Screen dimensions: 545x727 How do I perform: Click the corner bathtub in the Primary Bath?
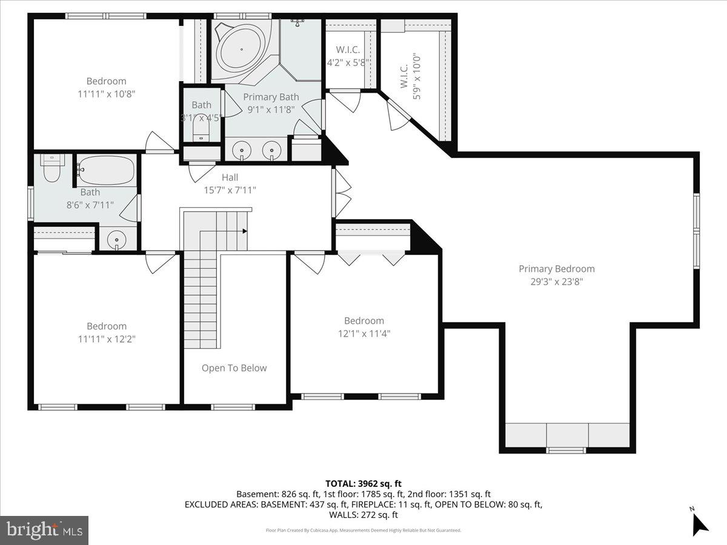point(241,46)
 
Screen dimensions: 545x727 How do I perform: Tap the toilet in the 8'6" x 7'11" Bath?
point(52,169)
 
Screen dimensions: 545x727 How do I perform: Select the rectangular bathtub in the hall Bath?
point(106,171)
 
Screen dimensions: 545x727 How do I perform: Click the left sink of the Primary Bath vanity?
point(242,149)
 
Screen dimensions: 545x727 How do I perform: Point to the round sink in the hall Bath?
point(116,241)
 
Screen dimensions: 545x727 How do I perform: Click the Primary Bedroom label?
point(556,269)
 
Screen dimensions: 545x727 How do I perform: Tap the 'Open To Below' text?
point(234,368)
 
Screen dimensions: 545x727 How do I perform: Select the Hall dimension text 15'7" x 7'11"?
point(230,190)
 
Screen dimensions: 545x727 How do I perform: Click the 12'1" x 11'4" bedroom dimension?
point(363,332)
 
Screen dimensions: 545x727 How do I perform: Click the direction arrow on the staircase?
point(244,231)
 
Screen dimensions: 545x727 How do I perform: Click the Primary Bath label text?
point(271,97)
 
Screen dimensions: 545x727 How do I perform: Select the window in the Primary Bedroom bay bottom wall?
point(566,450)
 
